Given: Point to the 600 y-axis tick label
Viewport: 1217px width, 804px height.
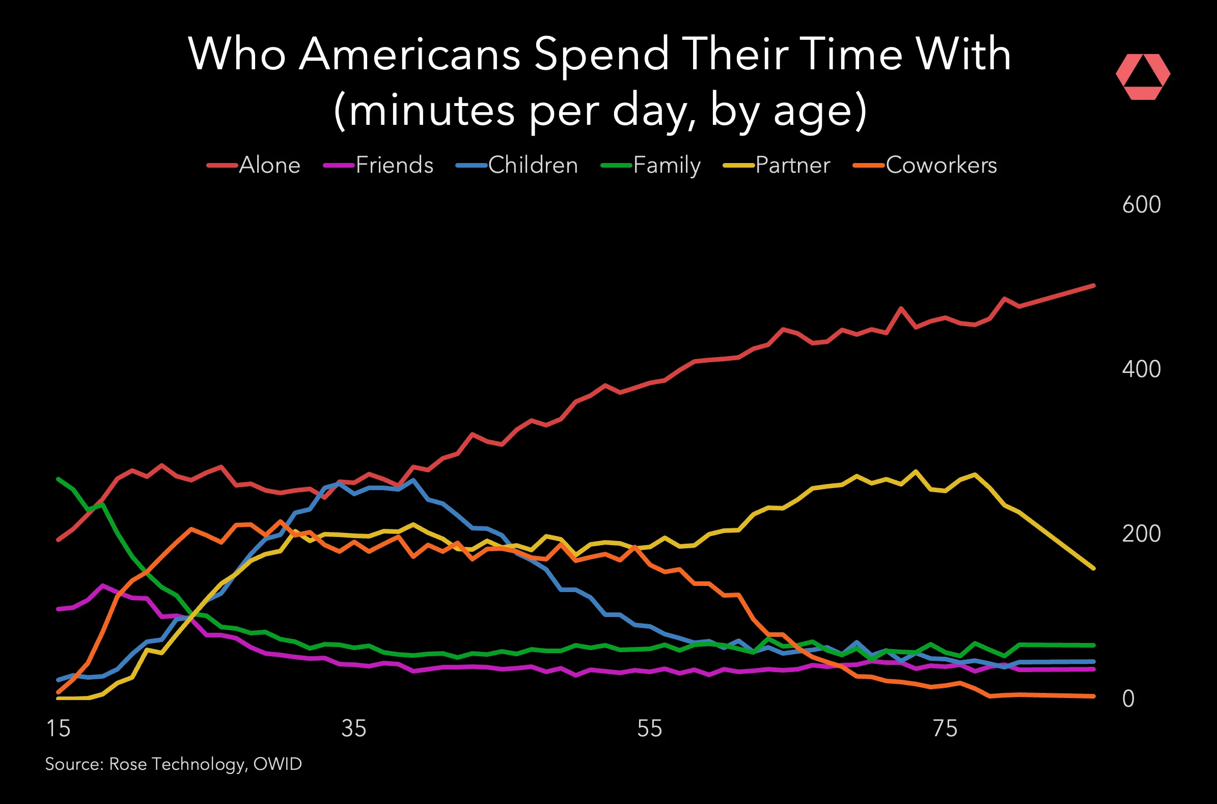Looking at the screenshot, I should click(x=1141, y=205).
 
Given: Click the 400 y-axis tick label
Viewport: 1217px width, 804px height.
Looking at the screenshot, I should click(x=1141, y=369).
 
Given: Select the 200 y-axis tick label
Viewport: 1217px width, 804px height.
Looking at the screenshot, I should click(x=1141, y=534).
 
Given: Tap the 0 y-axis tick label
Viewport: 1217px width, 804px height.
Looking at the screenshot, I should click(x=1128, y=699).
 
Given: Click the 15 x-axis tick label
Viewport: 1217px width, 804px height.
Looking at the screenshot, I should click(x=59, y=729).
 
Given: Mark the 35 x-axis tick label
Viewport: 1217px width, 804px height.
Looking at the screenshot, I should click(x=354, y=729).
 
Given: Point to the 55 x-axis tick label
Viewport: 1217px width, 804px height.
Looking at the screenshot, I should click(x=649, y=729).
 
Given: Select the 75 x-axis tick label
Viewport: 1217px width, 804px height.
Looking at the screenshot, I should click(x=945, y=729).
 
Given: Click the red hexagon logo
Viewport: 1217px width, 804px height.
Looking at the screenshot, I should click(x=1143, y=76).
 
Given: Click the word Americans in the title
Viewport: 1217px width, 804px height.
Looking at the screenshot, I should click(x=409, y=55).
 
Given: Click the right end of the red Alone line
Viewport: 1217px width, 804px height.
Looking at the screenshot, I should click(x=1093, y=286).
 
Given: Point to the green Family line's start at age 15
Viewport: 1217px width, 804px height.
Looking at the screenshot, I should click(x=58, y=479).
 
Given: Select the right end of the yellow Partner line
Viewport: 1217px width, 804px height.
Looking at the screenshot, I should click(x=1093, y=568).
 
